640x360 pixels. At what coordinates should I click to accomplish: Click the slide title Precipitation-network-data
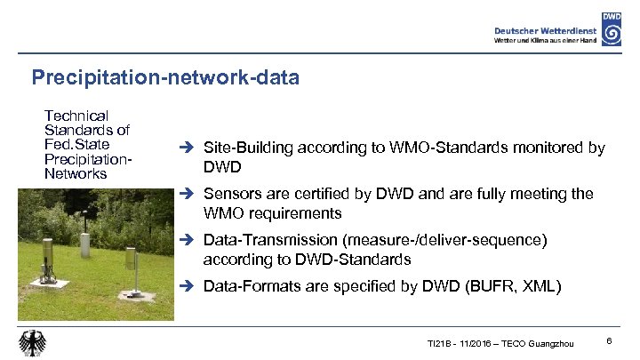point(165,78)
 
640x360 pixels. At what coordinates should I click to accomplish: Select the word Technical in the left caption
point(76,116)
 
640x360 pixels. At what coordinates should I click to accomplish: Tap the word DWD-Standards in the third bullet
point(356,260)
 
